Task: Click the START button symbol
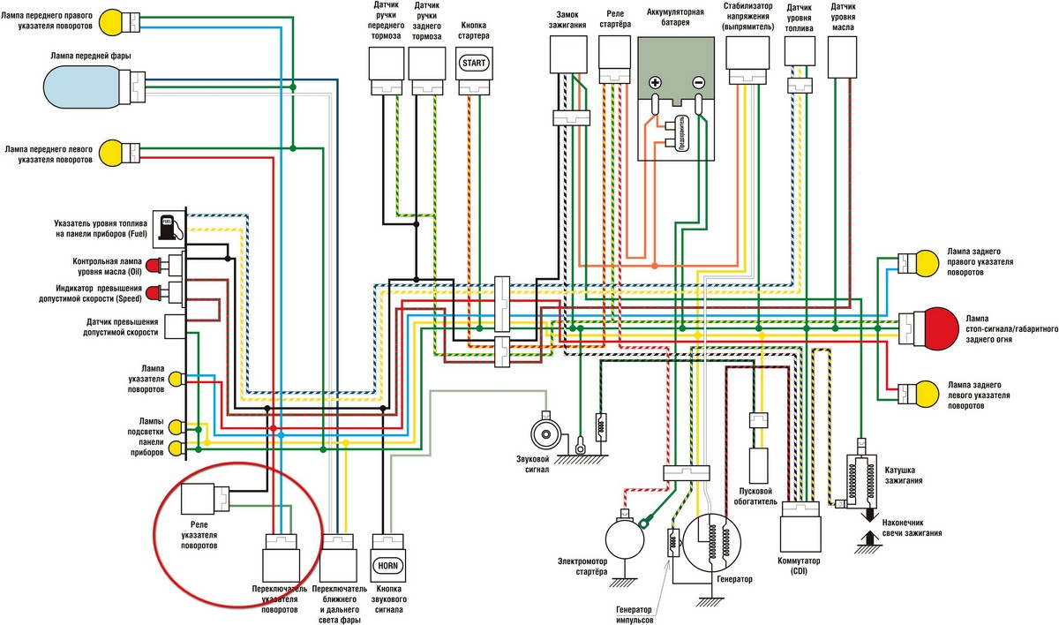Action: [x=474, y=63]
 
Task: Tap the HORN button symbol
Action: [x=387, y=566]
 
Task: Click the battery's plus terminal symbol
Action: [x=655, y=83]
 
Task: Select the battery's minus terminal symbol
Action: [x=698, y=83]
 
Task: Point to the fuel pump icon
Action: [x=169, y=228]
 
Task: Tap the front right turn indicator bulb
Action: [x=109, y=22]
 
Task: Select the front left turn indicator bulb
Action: [x=109, y=154]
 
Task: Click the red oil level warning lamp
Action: [x=153, y=266]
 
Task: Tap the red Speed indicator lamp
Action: [x=153, y=294]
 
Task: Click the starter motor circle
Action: [x=625, y=539]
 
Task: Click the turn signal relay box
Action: [x=198, y=499]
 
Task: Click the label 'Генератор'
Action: [x=734, y=579]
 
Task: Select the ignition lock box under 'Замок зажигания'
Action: [x=567, y=55]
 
